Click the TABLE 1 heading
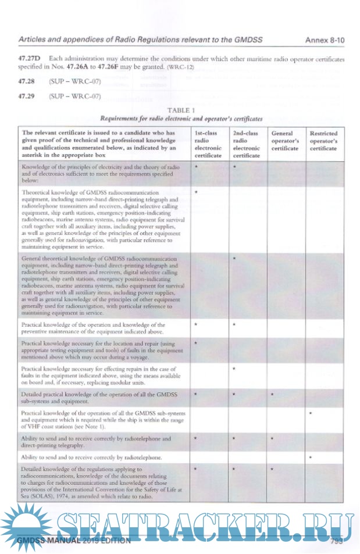[181, 109]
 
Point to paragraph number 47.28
[27, 82]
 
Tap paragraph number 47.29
[27, 95]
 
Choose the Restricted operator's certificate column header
[323, 141]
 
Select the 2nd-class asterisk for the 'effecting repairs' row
[234, 369]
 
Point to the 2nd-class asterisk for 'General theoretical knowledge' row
[234, 258]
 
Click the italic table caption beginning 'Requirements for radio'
[181, 117]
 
